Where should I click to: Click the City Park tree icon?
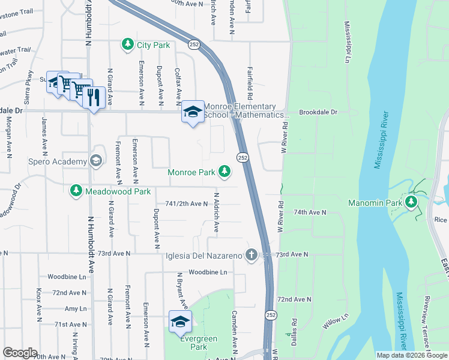[127, 45]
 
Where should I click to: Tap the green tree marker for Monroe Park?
[224, 172]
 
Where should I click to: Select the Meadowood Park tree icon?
[76, 191]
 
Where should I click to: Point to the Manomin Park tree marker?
[412, 202]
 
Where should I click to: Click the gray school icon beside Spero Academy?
[95, 160]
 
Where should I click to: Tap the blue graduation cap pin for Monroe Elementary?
[193, 112]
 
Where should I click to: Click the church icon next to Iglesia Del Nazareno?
[251, 256]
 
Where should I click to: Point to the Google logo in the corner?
[20, 353]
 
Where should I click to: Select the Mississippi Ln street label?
[347, 43]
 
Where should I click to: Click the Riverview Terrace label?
[428, 321]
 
